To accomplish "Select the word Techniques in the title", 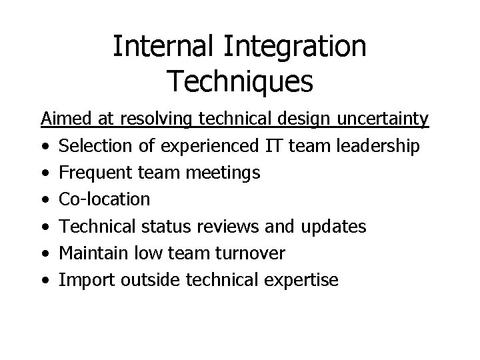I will (x=240, y=81).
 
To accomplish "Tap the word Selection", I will (x=95, y=146).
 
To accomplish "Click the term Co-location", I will (x=105, y=199).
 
